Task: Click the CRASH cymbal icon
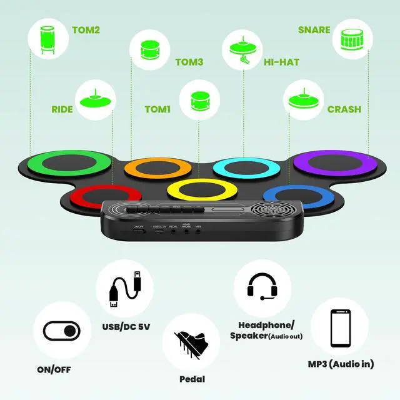point(304,100)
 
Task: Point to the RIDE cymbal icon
point(96,100)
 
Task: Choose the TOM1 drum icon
point(199,100)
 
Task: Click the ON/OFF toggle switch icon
point(62,329)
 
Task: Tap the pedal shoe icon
point(191,344)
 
